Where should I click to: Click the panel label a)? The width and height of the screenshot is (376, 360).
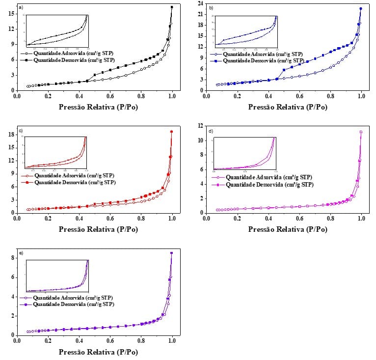[x=20, y=8]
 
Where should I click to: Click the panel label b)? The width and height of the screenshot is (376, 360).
[x=211, y=8]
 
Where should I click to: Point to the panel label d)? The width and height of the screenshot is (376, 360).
[x=211, y=131]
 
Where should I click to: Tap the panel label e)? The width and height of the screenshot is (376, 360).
[x=20, y=253]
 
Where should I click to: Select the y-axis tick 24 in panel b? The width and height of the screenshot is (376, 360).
[x=201, y=3]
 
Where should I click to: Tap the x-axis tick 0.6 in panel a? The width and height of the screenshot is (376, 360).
[x=110, y=96]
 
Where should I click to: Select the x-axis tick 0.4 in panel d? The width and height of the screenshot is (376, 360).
[x=269, y=219]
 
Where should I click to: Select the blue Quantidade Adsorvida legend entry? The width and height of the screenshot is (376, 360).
[x=263, y=55]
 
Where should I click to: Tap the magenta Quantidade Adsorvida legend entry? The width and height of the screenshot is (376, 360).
[x=263, y=177]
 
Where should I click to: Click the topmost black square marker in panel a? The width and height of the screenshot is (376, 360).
[x=172, y=7]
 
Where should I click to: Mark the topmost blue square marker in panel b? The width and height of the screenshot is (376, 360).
[x=361, y=8]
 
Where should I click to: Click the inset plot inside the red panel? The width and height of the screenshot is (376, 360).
[x=55, y=153]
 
